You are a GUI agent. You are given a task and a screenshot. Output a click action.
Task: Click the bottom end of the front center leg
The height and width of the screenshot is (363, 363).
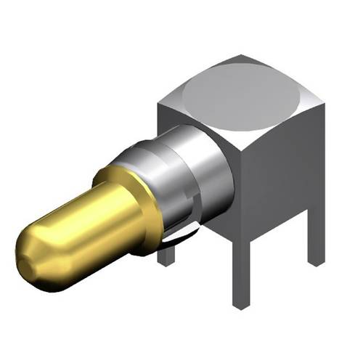(x=240, y=306)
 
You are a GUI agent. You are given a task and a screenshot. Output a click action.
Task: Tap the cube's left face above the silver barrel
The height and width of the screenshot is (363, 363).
(x=181, y=120)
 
